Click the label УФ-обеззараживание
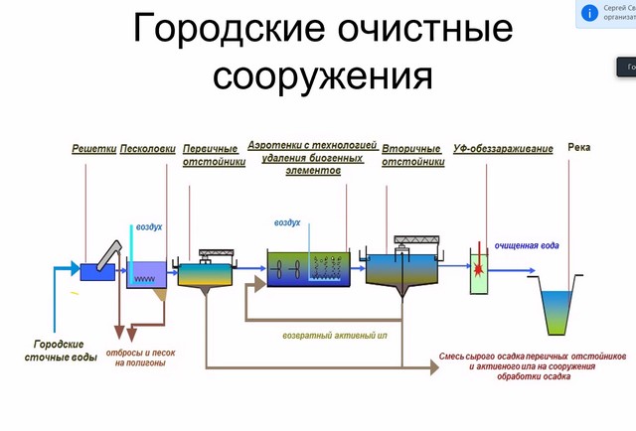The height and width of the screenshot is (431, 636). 503,149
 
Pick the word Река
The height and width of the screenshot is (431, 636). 579,147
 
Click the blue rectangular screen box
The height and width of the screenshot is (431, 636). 97,270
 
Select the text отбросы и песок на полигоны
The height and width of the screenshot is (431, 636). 140,357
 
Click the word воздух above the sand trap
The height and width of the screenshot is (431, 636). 149,227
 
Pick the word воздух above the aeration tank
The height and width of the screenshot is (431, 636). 287,222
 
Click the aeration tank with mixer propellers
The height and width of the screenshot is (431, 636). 307,269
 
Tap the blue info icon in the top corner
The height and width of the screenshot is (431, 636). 591,12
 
